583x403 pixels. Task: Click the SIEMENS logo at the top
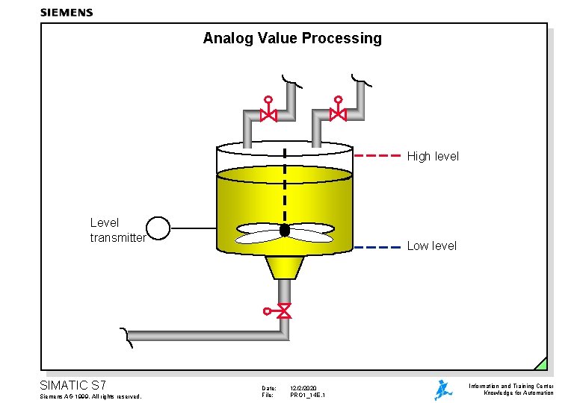click(x=67, y=12)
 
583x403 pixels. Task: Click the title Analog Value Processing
click(x=291, y=38)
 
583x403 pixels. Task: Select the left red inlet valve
click(x=268, y=114)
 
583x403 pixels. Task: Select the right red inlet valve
click(x=338, y=114)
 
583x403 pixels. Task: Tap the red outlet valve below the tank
click(x=283, y=310)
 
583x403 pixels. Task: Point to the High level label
click(x=433, y=157)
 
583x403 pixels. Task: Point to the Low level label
click(x=431, y=246)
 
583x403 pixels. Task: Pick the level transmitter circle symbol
click(x=158, y=228)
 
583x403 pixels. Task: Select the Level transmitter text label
click(x=117, y=230)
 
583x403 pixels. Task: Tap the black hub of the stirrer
click(x=284, y=230)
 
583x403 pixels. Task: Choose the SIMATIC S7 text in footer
click(x=73, y=385)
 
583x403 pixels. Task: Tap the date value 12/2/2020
click(x=304, y=388)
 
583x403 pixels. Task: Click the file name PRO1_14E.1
click(x=307, y=395)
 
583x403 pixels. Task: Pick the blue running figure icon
click(x=443, y=390)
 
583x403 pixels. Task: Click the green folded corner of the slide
click(x=540, y=363)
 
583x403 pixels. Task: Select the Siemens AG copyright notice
click(x=90, y=396)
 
